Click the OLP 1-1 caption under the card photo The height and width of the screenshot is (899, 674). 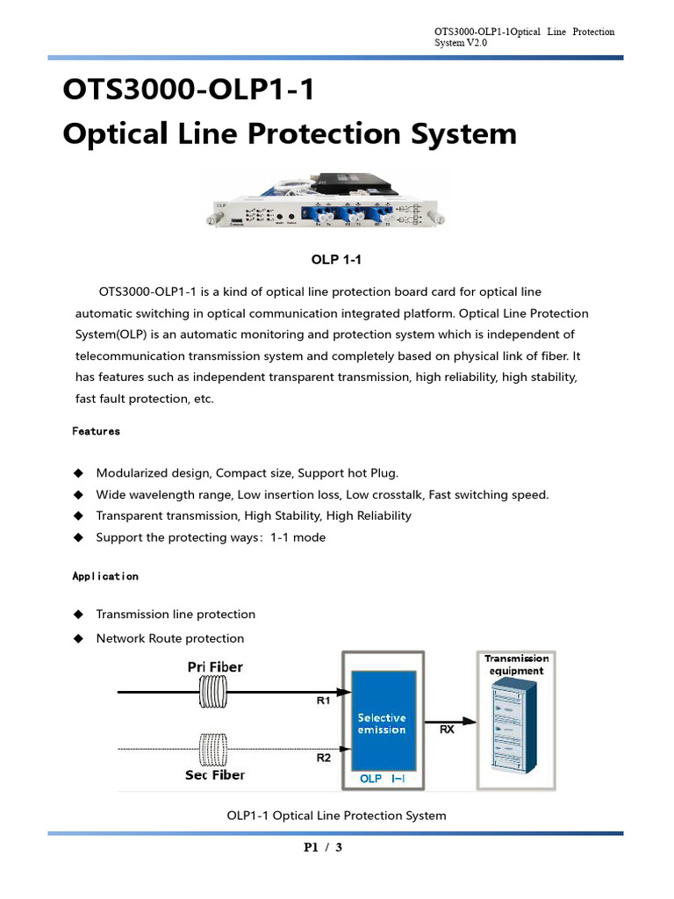[336, 260]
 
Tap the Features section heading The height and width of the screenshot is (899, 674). [96, 431]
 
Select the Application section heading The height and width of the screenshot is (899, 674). [104, 576]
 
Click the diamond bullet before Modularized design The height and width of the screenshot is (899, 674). [78, 473]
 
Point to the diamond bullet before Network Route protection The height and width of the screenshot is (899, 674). [78, 638]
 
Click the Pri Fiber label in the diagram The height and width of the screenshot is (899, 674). [215, 667]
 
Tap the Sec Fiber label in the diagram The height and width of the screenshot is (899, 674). [215, 775]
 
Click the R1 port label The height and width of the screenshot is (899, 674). [323, 701]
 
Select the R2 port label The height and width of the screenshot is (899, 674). [323, 759]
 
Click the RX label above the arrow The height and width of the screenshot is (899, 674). [447, 730]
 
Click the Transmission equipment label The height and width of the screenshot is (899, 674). [516, 665]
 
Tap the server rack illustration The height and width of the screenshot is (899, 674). [516, 729]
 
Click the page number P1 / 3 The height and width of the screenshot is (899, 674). [323, 847]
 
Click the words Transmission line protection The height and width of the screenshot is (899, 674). [176, 615]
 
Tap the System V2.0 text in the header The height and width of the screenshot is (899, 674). [461, 42]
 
